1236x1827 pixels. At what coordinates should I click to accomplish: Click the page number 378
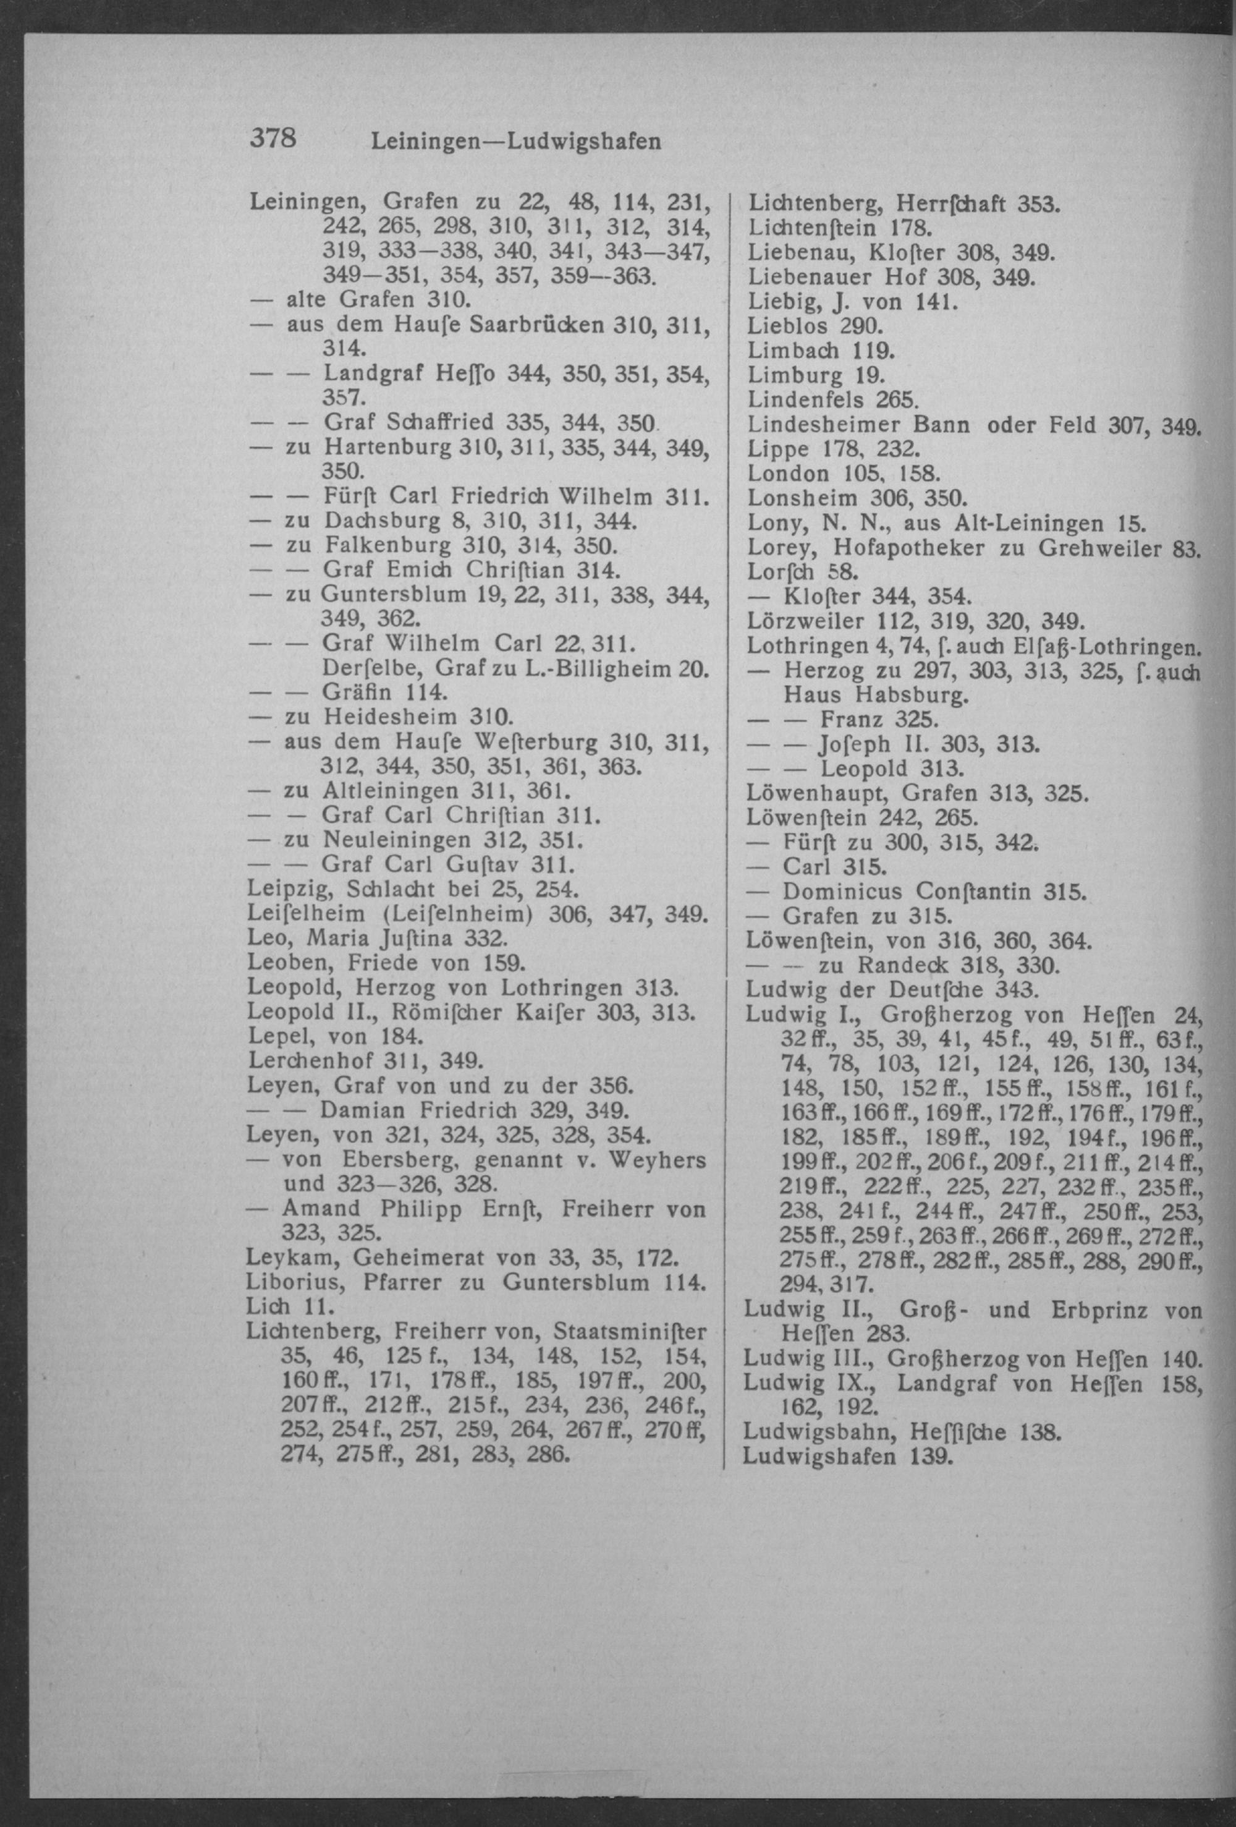tap(273, 138)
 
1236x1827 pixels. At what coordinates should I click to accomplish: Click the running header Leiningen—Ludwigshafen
tap(515, 142)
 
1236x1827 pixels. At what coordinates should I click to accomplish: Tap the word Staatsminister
tap(630, 1332)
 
